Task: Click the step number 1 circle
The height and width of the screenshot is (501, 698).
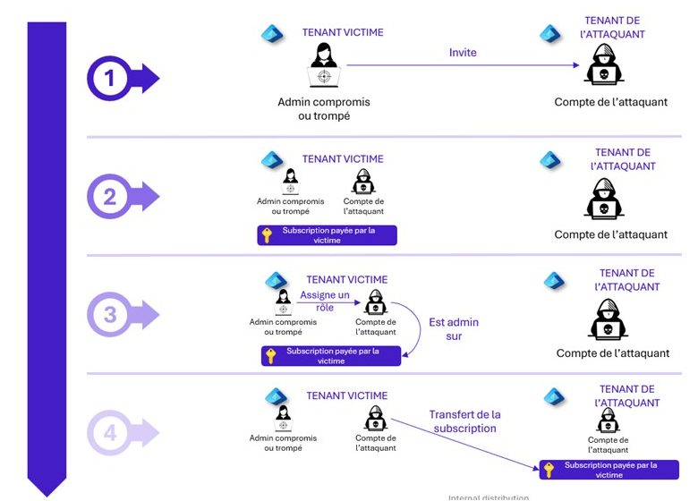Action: tap(110, 79)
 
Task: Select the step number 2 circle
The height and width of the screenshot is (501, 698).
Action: tap(110, 196)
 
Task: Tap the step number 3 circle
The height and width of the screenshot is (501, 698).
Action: tap(110, 314)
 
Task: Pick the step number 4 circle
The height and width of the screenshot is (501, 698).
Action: tap(110, 434)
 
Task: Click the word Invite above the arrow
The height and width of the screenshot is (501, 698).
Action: tap(463, 53)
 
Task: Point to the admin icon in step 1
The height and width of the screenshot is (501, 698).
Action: tap(323, 65)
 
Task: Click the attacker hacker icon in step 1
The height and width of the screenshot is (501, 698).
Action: tap(604, 65)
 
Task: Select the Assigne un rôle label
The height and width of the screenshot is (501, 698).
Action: tap(325, 301)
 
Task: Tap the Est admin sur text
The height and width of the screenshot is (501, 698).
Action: tap(454, 329)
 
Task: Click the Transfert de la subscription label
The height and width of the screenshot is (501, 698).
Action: tap(464, 421)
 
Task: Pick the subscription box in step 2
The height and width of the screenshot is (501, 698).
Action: tap(327, 235)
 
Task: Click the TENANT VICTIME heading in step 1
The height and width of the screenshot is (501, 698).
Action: tap(343, 32)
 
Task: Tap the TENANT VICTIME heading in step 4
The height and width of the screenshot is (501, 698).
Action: tap(347, 395)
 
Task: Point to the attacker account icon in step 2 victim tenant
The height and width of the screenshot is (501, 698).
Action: tap(363, 183)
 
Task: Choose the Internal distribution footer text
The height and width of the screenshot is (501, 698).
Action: tap(489, 497)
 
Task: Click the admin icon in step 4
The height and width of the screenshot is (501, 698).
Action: tap(283, 418)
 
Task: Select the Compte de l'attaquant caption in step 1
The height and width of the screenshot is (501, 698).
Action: tap(610, 102)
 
